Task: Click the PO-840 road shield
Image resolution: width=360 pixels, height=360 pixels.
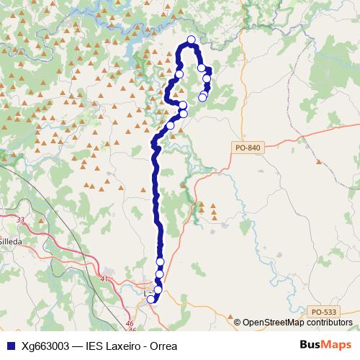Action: click(x=247, y=148)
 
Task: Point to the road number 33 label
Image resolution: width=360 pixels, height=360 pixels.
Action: click(x=20, y=220)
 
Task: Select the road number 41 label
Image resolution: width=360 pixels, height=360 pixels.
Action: click(x=105, y=279)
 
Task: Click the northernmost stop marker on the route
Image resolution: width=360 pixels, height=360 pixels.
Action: click(x=191, y=40)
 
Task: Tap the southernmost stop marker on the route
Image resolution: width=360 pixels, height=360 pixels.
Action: click(x=151, y=299)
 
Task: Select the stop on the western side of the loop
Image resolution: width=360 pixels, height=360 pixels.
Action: click(x=179, y=73)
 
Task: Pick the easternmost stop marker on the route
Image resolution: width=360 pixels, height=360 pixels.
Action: click(x=207, y=78)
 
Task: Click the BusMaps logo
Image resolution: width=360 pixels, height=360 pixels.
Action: click(x=325, y=345)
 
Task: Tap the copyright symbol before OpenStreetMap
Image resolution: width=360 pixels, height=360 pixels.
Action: click(x=238, y=322)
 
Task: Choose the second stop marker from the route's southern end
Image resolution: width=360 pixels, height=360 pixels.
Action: click(x=158, y=290)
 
